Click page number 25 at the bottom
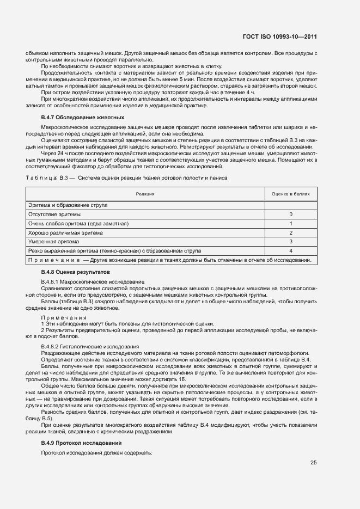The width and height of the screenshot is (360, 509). (x=313, y=463)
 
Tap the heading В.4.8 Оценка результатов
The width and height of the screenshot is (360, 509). (x=76, y=271)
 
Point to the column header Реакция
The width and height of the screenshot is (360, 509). (x=145, y=194)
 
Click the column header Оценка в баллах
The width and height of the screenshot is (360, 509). (x=290, y=194)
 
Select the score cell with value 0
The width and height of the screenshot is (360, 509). (x=290, y=214)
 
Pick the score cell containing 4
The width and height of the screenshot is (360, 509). (x=290, y=251)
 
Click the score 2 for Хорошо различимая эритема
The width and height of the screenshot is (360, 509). (x=290, y=232)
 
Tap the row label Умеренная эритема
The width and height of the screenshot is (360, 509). (x=54, y=242)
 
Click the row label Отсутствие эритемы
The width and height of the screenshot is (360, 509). (x=54, y=214)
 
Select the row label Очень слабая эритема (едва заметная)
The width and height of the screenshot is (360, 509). (x=78, y=224)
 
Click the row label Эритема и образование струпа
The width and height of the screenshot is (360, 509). (x=68, y=205)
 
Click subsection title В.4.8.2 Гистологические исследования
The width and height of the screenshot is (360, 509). (x=90, y=347)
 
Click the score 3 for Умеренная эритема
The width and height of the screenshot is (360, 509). (x=290, y=242)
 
